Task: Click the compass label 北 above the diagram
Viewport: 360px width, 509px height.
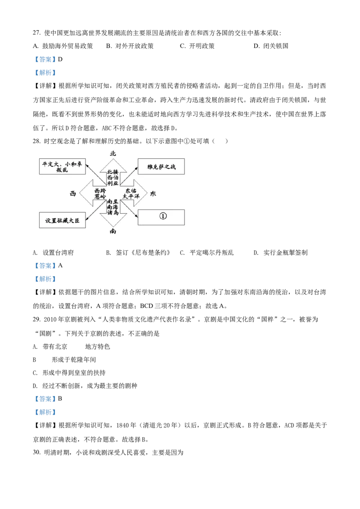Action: (113, 153)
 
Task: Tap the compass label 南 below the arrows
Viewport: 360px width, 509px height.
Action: (113, 231)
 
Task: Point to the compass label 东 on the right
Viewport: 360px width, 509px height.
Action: (153, 194)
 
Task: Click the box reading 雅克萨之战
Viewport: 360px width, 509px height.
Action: (161, 167)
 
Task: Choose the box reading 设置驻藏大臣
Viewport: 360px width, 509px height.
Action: (62, 220)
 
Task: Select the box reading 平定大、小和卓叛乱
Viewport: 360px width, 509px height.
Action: (62, 167)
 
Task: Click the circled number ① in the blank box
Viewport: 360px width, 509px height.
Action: (162, 216)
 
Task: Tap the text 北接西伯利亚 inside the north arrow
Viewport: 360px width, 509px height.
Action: (112, 177)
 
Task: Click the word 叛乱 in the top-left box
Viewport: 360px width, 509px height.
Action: (62, 170)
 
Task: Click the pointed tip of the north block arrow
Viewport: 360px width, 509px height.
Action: (112, 159)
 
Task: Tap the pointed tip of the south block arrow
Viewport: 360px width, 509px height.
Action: (112, 226)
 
